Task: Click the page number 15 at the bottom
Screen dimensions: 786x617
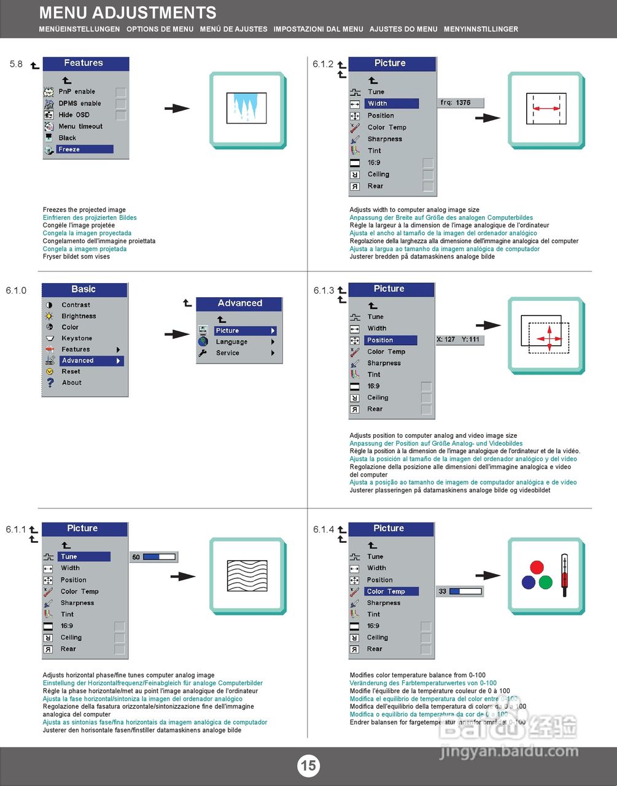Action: [308, 765]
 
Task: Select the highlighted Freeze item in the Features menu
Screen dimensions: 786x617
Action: [84, 149]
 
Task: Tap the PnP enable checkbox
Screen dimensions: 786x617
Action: [121, 92]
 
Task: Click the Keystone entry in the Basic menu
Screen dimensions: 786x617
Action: [77, 338]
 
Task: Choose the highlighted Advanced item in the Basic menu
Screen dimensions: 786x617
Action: [91, 360]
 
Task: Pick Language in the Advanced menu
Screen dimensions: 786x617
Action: [231, 342]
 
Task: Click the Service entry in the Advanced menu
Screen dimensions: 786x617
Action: [228, 353]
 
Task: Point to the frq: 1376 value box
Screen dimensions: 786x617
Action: [461, 103]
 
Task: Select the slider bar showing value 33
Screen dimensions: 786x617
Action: [465, 591]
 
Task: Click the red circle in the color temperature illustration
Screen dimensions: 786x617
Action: [537, 567]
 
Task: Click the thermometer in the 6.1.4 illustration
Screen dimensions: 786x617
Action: [564, 572]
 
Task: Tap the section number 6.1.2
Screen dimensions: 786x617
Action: [323, 64]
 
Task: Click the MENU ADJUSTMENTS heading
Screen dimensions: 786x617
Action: [128, 13]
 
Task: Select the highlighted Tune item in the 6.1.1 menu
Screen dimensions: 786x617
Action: [83, 556]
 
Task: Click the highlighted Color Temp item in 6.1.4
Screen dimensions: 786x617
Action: [392, 591]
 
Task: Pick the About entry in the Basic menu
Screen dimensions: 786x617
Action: [72, 383]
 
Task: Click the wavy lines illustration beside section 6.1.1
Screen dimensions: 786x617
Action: [247, 575]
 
